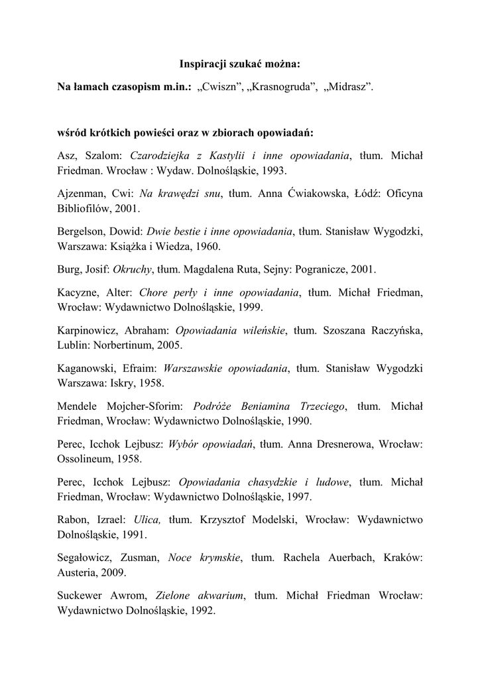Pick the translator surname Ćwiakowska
tap(316, 193)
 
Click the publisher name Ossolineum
tap(88, 458)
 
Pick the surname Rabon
tap(74, 519)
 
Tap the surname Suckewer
tap(82, 595)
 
